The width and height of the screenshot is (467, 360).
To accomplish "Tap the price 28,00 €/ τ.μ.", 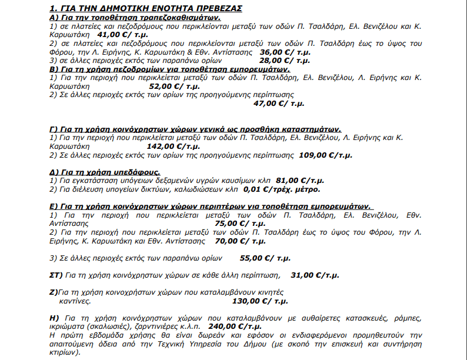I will [x=285, y=60].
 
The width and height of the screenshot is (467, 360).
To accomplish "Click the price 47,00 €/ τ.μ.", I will [x=279, y=103].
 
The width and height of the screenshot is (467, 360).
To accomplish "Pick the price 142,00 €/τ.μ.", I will [x=166, y=146].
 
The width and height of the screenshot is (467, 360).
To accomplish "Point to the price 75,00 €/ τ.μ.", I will [x=241, y=224].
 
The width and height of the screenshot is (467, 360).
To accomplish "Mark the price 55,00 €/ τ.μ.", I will [x=265, y=258].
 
